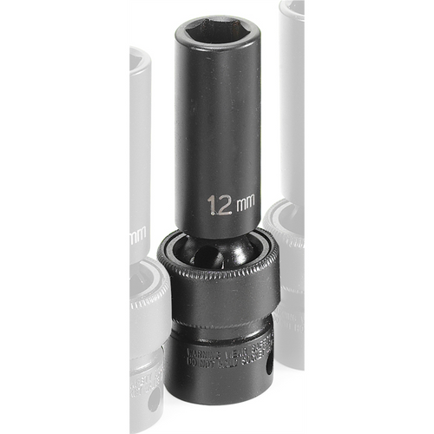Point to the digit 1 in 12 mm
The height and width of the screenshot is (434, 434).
[211, 205]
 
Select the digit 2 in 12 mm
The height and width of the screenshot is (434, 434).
[222, 205]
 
